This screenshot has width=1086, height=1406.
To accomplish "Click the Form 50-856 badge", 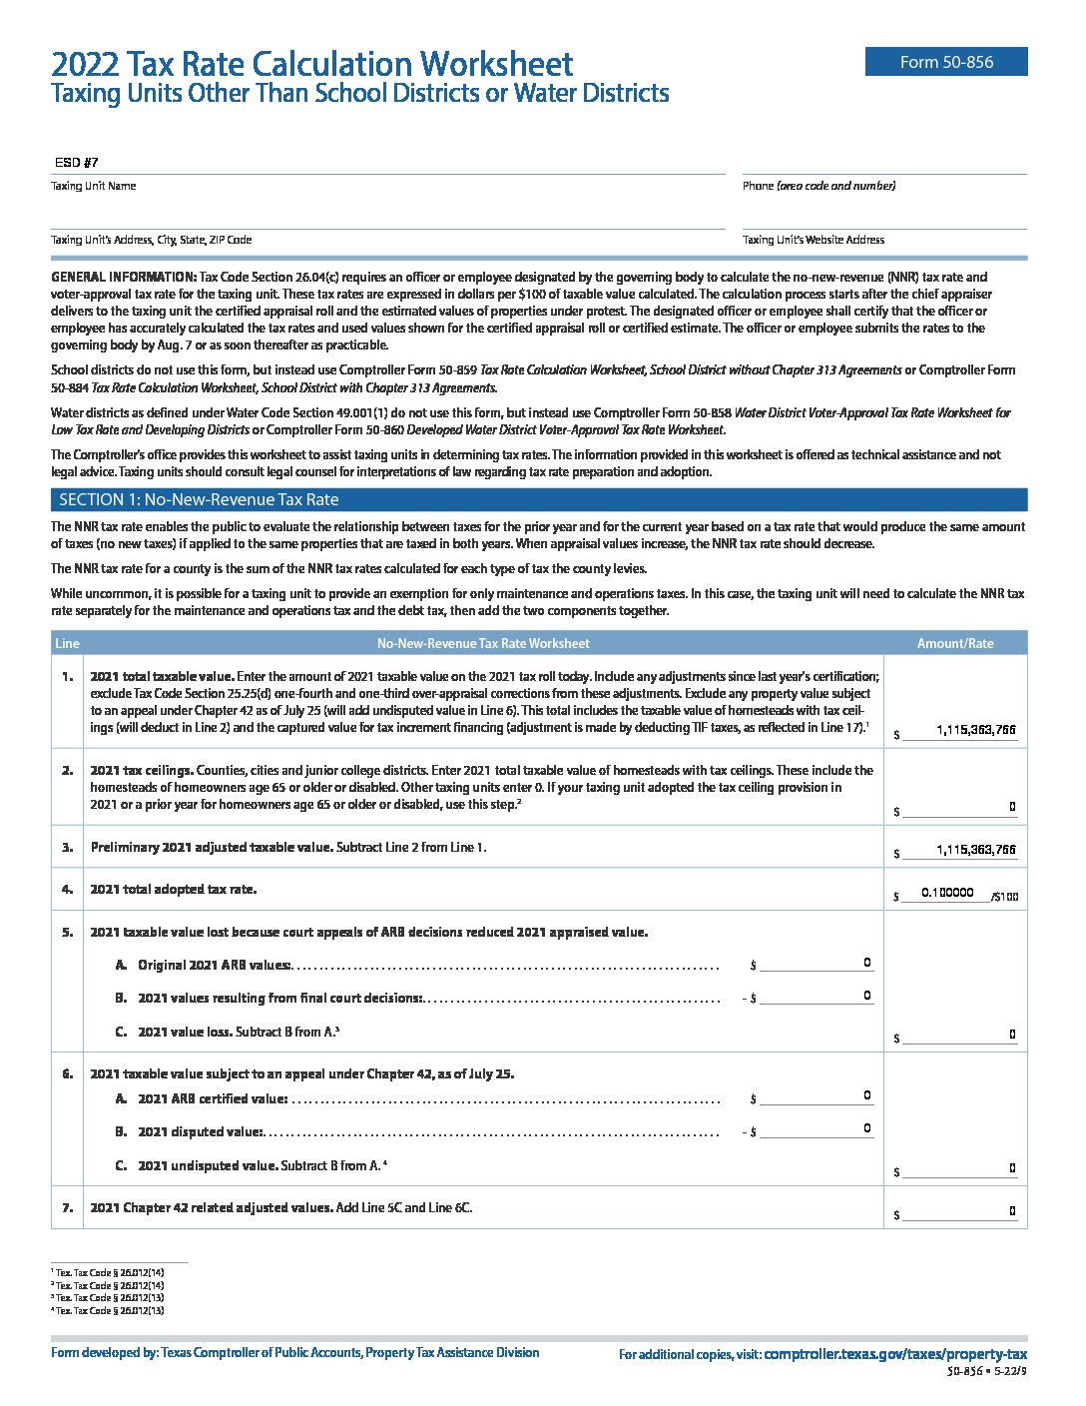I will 945,62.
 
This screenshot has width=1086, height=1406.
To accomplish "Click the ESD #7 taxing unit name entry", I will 76,163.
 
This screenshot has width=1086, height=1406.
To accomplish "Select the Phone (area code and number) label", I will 818,186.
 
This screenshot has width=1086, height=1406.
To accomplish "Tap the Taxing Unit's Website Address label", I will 813,240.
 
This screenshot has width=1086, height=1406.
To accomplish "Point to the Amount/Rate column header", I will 954,643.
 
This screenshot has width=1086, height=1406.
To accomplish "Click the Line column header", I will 67,643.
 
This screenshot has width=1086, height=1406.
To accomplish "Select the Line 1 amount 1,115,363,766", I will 975,730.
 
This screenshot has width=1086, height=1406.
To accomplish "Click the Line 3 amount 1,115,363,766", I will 975,850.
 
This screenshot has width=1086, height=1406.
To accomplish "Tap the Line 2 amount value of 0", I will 1011,806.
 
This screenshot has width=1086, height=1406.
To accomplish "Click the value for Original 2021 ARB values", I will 866,963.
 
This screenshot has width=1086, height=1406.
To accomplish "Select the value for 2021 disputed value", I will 866,1128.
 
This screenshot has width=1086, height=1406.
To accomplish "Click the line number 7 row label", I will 67,1207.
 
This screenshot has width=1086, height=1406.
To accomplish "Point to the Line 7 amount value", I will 1011,1211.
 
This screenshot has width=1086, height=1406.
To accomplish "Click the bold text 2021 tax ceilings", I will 141,770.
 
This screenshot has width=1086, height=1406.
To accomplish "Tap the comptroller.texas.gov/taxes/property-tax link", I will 894,1354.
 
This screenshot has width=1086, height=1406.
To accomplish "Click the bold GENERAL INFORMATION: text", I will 124,277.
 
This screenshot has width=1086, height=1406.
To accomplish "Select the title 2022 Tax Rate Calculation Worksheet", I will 311,65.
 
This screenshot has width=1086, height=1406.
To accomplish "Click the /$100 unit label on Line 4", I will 1004,897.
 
